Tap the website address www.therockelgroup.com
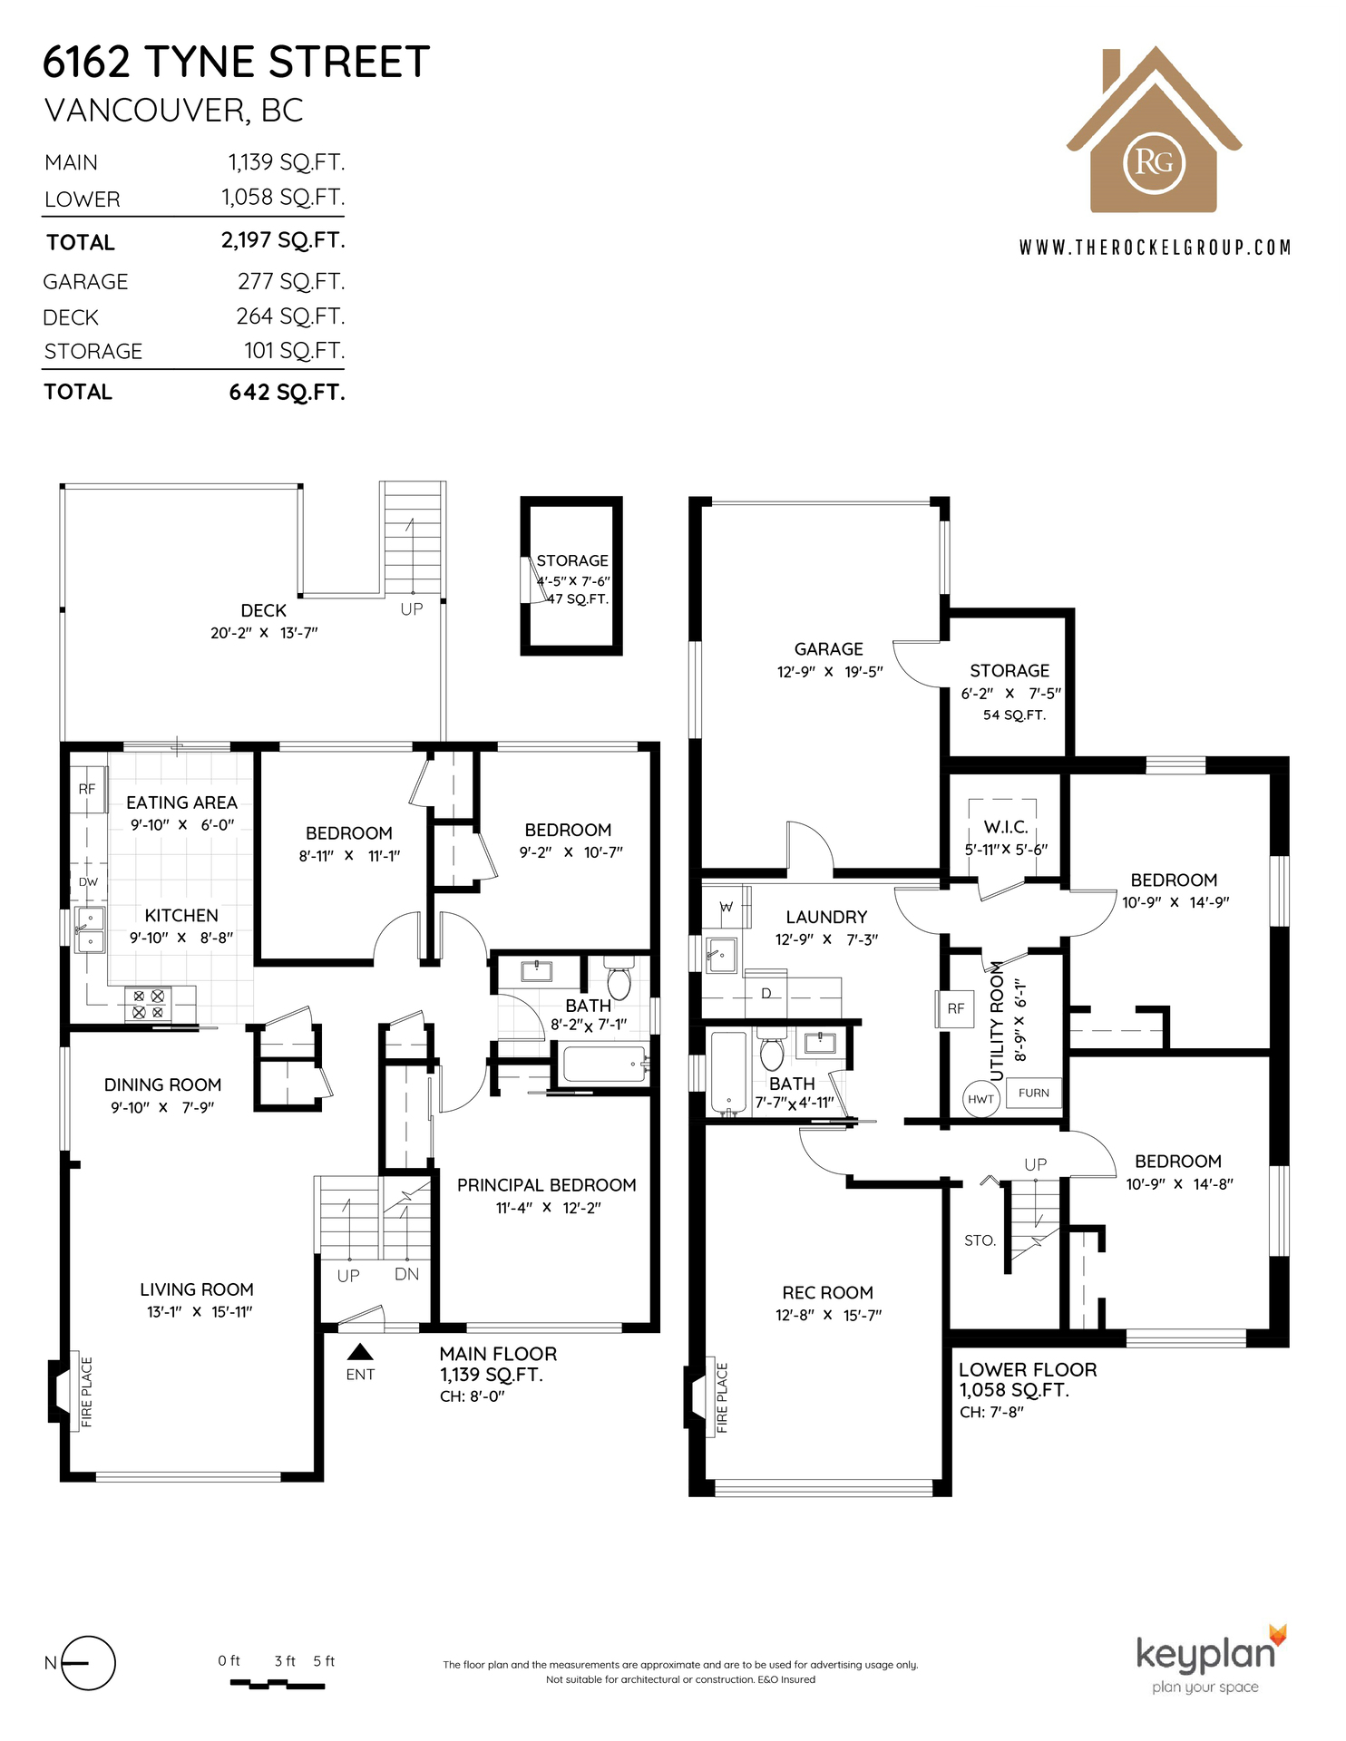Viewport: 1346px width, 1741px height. pyautogui.click(x=1155, y=248)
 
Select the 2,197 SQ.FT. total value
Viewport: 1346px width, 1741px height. pyautogui.click(x=283, y=240)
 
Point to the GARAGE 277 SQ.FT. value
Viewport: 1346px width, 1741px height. pyautogui.click(x=291, y=282)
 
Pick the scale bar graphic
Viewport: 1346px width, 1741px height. pyautogui.click(x=278, y=1684)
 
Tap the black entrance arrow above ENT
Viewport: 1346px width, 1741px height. pyautogui.click(x=360, y=1352)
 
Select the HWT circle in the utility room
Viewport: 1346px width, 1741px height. pyautogui.click(x=980, y=1099)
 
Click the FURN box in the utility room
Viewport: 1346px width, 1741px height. pyautogui.click(x=1033, y=1093)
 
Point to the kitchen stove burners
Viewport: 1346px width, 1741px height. pyautogui.click(x=149, y=1004)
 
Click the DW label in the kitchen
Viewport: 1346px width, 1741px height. pyautogui.click(x=88, y=881)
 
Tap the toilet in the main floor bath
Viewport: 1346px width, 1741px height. pyautogui.click(x=619, y=977)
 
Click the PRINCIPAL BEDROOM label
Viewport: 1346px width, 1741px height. pyautogui.click(x=546, y=1185)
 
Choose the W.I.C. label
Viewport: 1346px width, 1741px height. pyautogui.click(x=1006, y=827)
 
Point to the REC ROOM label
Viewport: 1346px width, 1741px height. pyautogui.click(x=828, y=1292)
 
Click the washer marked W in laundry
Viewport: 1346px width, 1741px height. pyautogui.click(x=726, y=906)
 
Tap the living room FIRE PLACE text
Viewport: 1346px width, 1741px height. pyautogui.click(x=87, y=1392)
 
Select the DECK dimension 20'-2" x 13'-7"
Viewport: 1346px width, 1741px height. pyautogui.click(x=264, y=633)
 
